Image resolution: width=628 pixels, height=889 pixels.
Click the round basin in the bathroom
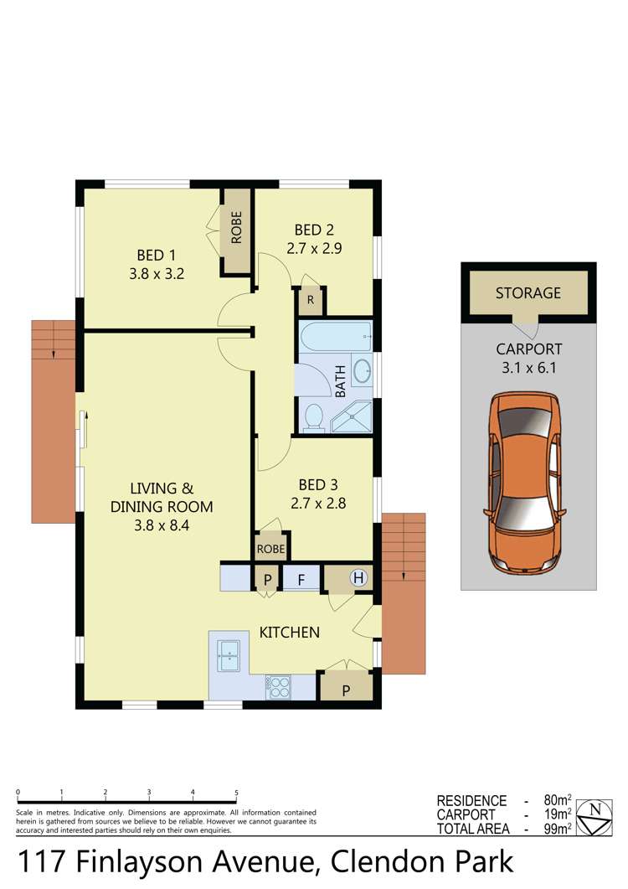(362, 371)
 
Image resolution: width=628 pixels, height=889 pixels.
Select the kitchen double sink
(229, 654)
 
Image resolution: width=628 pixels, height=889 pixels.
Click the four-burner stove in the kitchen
(279, 687)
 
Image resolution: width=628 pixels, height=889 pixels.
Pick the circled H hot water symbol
(358, 577)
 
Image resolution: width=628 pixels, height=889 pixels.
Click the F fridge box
(300, 579)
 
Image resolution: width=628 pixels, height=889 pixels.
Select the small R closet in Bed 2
(310, 300)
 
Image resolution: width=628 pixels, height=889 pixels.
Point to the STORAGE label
(528, 293)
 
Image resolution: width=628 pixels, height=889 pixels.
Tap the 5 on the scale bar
(237, 793)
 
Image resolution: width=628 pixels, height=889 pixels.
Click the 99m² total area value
(557, 830)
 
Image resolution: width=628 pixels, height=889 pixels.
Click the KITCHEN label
(289, 632)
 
